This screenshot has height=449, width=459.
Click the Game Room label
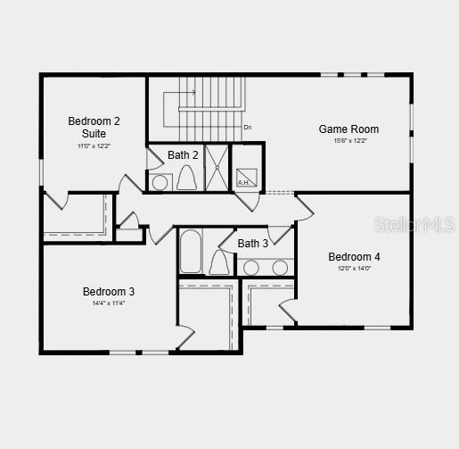pyautogui.click(x=348, y=129)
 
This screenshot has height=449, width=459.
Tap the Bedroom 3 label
pyautogui.click(x=109, y=291)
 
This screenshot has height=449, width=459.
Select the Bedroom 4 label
pyautogui.click(x=354, y=257)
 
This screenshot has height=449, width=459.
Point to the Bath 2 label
pyautogui.click(x=183, y=155)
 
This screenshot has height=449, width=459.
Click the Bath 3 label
pyautogui.click(x=252, y=244)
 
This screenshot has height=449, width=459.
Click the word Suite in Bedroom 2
pyautogui.click(x=94, y=134)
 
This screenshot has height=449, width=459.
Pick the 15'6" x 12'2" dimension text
pyautogui.click(x=349, y=141)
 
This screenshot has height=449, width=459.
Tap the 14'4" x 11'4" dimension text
pyautogui.click(x=109, y=303)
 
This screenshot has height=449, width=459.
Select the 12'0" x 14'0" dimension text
pyautogui.click(x=354, y=268)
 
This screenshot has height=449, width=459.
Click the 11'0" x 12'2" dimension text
pyautogui.click(x=94, y=146)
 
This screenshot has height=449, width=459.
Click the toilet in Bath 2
pyautogui.click(x=186, y=179)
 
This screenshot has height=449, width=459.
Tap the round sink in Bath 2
pyautogui.click(x=160, y=183)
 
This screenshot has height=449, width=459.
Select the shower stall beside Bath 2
pyautogui.click(x=216, y=167)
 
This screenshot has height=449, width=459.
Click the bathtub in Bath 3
pyautogui.click(x=190, y=251)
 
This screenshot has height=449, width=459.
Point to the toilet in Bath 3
pyautogui.click(x=219, y=262)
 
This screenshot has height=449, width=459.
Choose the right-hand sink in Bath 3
pyautogui.click(x=280, y=267)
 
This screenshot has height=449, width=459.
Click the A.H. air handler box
pyautogui.click(x=246, y=177)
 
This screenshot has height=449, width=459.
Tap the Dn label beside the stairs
pyautogui.click(x=248, y=128)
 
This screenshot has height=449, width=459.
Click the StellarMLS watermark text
pyautogui.click(x=414, y=224)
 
